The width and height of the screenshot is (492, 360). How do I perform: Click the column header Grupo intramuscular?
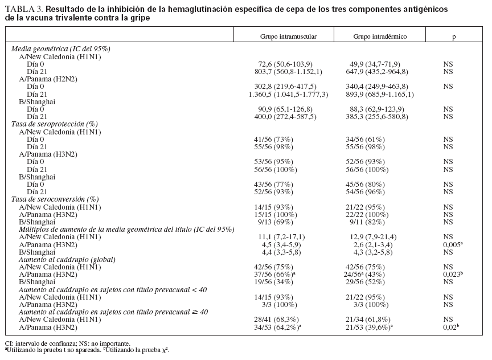coord(288,36)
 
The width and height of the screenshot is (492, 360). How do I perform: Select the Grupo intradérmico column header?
coord(380,36)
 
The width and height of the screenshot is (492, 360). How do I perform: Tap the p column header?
coord(454,36)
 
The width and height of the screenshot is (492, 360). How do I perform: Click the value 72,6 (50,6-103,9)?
coord(285,64)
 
